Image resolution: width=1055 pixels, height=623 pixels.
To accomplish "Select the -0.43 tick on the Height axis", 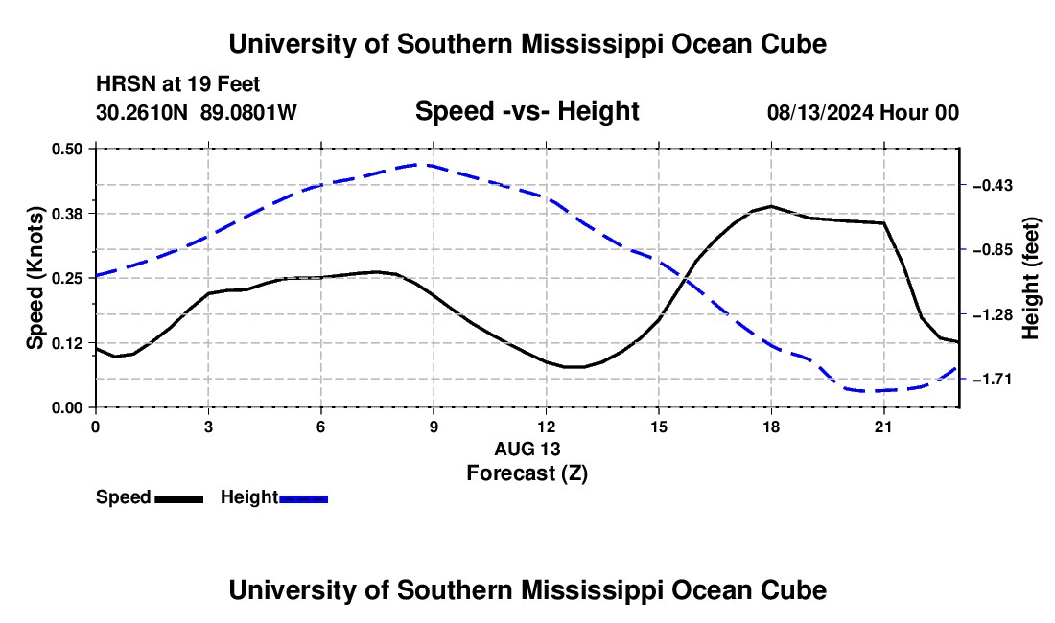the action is click(x=993, y=186).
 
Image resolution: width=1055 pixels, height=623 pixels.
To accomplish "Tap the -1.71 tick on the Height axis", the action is click(x=993, y=380).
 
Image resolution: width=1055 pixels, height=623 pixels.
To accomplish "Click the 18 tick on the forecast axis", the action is click(x=771, y=427).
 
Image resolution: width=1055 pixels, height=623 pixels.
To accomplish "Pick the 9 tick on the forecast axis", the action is click(x=434, y=427).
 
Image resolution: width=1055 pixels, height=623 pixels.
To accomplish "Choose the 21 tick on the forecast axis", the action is click(x=883, y=427).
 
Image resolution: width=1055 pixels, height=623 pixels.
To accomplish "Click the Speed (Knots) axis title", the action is click(x=35, y=278).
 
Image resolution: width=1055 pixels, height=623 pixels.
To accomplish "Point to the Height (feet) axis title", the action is click(x=1031, y=278).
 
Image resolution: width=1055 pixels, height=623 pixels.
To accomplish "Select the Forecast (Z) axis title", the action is click(x=527, y=473).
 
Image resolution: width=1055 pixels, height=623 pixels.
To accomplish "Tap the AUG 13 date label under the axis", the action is click(x=527, y=449).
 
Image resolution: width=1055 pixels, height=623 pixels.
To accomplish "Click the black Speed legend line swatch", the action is click(x=179, y=499).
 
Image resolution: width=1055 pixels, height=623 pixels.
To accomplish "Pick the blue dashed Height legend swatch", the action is click(x=303, y=499).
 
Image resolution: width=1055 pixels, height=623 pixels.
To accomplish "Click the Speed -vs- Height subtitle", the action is click(x=527, y=111).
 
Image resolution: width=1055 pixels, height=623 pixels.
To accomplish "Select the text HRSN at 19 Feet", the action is click(x=178, y=84).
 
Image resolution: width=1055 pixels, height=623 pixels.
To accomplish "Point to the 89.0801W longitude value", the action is click(x=248, y=112).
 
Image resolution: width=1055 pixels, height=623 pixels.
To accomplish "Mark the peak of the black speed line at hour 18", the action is click(x=771, y=206).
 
